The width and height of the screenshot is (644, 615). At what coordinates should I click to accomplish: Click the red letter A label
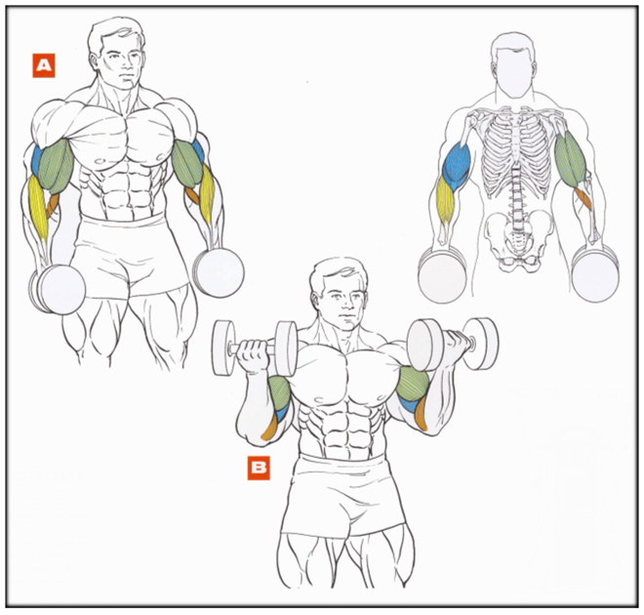pos(44,65)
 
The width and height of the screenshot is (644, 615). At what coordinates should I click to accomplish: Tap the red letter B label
pos(259,468)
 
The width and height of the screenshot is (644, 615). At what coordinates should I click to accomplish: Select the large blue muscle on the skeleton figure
pos(457,166)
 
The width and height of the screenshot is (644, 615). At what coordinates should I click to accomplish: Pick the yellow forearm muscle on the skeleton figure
pos(445,200)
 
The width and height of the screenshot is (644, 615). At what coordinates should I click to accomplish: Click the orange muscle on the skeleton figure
pos(584,197)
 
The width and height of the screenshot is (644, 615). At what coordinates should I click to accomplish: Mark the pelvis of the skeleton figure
pos(517,239)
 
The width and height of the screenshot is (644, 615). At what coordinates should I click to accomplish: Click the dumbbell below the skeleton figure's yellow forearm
pos(442,274)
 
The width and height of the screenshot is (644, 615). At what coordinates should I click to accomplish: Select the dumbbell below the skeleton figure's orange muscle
pos(595,272)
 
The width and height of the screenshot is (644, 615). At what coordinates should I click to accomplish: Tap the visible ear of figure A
pos(94,61)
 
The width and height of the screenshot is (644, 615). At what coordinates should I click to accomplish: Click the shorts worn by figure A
pos(129,255)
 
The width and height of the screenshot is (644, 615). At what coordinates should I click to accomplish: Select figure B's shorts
pos(342,496)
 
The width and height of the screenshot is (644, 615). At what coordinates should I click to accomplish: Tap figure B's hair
pos(337,273)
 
